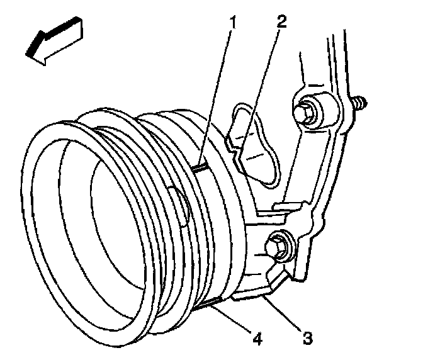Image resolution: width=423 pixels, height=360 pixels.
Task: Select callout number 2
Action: click(x=281, y=23)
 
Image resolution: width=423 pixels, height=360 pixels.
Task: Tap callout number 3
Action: click(x=307, y=338)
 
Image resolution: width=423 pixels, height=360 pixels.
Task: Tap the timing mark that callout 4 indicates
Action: click(x=206, y=307)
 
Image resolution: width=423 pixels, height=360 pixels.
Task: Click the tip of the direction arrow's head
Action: click(x=26, y=56)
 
